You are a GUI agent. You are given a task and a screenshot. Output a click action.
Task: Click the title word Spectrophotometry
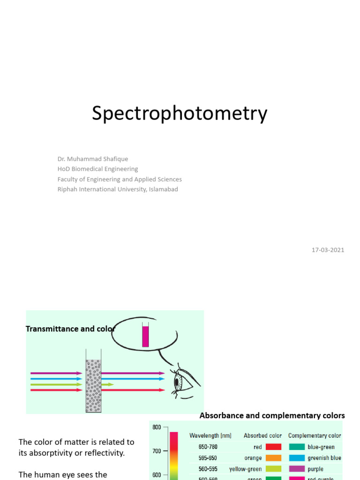180,114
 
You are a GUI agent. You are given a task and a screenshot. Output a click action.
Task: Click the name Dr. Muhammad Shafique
93,159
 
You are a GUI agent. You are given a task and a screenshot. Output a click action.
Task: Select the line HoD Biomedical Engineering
97,169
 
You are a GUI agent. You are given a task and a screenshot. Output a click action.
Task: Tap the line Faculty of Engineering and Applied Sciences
120,179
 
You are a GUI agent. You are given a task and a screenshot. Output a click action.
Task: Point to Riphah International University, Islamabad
118,189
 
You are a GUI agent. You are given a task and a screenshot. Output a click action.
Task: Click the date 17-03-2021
328,250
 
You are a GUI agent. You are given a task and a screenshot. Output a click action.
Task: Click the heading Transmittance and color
70,329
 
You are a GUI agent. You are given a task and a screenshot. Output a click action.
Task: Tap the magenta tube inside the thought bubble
145,336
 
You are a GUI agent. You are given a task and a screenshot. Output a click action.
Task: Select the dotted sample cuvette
93,386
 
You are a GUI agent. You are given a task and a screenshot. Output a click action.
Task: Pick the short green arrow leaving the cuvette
108,384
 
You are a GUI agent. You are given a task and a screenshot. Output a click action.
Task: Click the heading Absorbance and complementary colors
272,416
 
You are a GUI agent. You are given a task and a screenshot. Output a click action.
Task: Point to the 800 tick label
157,427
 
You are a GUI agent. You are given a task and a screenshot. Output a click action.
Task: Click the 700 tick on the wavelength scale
157,451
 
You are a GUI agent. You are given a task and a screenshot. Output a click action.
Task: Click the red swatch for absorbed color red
273,447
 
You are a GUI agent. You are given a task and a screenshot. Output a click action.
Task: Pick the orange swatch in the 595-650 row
273,458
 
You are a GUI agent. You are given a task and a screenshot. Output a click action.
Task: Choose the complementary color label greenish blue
324,458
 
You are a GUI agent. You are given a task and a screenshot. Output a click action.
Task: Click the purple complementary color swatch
297,469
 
